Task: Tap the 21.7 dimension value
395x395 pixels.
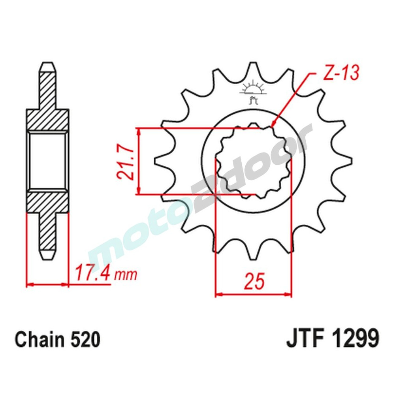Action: click(x=124, y=162)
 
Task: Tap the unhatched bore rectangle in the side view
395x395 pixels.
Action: click(x=47, y=161)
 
